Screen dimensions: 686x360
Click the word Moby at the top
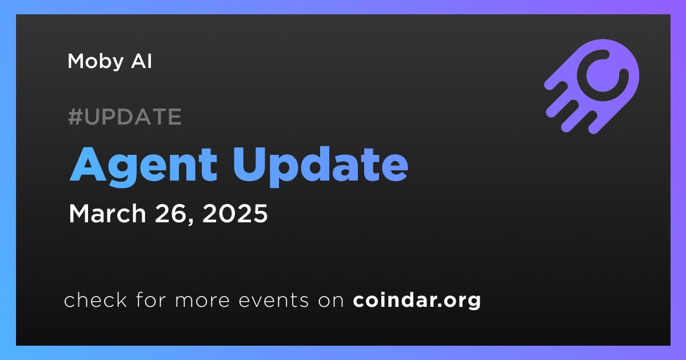(x=95, y=62)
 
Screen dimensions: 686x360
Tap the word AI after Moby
(x=141, y=61)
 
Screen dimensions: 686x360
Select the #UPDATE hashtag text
(x=125, y=117)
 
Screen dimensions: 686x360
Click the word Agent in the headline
(x=143, y=165)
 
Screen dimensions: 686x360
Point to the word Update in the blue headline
(x=320, y=165)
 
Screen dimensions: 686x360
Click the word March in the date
(x=107, y=213)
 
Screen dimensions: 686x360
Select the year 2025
(x=235, y=213)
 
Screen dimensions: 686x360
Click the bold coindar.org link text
(x=417, y=301)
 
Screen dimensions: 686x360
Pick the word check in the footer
(x=95, y=299)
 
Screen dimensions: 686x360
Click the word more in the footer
(x=202, y=301)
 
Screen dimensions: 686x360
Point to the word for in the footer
(x=151, y=299)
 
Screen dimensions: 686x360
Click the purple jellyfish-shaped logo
(x=592, y=86)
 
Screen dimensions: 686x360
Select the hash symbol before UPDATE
(x=75, y=117)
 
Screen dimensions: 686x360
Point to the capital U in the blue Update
(x=249, y=165)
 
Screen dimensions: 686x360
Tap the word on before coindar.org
(x=331, y=301)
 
